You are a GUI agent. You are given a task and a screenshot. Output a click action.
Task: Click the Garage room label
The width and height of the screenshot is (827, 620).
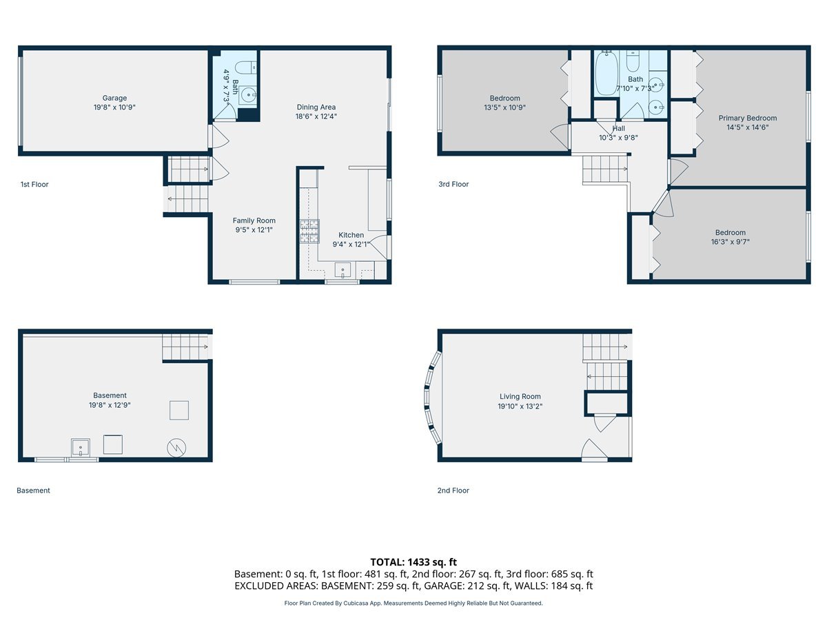click(x=114, y=98)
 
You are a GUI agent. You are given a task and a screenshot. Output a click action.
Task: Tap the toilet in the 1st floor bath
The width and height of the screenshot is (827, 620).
click(x=245, y=68)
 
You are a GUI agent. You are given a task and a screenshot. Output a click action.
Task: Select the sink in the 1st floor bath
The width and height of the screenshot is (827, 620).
click(x=247, y=95)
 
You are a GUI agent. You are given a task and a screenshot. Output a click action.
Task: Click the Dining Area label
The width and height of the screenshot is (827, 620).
click(x=316, y=107)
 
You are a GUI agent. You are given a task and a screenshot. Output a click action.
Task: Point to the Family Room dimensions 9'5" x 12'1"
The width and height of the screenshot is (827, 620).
click(x=254, y=229)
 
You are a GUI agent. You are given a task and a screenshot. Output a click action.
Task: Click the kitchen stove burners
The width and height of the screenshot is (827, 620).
click(x=309, y=231)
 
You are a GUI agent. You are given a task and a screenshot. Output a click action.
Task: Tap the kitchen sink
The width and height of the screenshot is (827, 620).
click(x=343, y=271)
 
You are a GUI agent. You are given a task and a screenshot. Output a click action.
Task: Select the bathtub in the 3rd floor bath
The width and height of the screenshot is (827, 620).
click(x=607, y=74)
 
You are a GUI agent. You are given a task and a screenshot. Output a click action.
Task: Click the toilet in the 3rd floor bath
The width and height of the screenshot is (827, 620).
click(x=633, y=62)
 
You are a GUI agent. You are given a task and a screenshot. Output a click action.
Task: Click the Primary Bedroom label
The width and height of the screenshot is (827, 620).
click(x=748, y=118)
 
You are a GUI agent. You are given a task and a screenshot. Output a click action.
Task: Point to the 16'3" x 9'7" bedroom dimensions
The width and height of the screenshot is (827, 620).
click(x=730, y=242)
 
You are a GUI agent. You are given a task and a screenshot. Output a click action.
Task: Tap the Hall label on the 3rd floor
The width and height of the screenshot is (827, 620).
click(x=619, y=128)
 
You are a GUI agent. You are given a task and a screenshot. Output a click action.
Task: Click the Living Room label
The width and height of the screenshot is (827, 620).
click(x=520, y=396)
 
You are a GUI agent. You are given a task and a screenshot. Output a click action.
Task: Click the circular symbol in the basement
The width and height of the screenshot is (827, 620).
click(x=176, y=448)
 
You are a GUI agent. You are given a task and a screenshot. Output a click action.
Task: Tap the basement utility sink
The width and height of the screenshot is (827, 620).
click(x=80, y=447)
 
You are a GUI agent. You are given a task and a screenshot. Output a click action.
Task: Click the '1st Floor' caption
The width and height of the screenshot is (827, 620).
click(x=34, y=185)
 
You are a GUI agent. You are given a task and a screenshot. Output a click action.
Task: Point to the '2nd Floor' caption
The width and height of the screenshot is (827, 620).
click(x=453, y=490)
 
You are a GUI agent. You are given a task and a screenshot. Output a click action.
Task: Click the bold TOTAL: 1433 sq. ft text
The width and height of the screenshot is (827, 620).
click(x=413, y=562)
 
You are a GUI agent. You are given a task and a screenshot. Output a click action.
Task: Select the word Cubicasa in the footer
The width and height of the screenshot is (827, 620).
click(x=354, y=603)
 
